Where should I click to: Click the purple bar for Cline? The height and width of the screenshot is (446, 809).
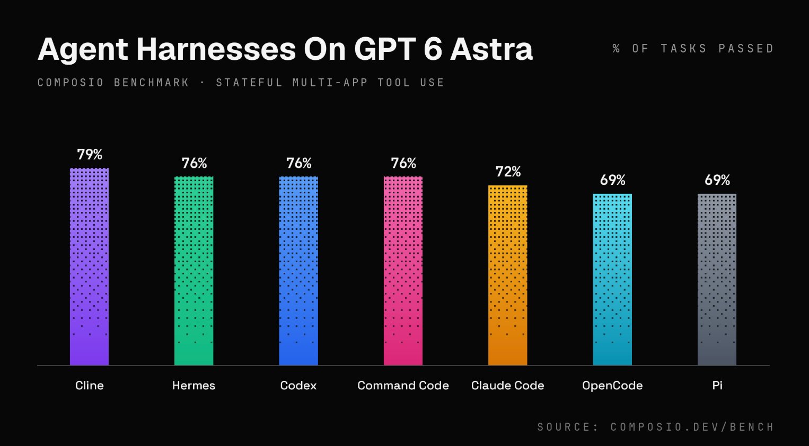tap(89, 266)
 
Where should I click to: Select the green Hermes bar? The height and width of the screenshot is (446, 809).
tap(194, 271)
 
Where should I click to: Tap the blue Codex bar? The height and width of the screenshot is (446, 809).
tap(298, 271)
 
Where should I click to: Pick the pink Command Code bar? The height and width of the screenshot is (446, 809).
tap(403, 271)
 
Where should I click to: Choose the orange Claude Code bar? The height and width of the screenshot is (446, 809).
tap(508, 275)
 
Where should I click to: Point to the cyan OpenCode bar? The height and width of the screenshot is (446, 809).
tap(612, 280)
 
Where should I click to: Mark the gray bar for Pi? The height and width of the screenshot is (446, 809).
tap(717, 280)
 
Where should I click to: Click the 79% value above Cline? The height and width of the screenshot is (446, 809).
tap(90, 155)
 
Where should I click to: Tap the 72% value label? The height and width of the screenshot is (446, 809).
tap(508, 172)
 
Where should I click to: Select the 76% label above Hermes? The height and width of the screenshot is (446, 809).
tap(195, 163)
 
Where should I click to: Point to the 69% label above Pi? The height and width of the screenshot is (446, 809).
tap(717, 180)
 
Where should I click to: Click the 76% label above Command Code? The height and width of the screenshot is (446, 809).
tap(403, 163)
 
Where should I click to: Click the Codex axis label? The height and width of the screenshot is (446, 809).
tap(298, 386)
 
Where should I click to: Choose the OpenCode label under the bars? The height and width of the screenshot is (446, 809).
tap(612, 386)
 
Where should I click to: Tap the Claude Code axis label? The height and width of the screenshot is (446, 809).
tap(508, 386)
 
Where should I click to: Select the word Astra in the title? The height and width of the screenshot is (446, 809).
tap(491, 49)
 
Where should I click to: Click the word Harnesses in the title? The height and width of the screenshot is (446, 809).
tap(216, 49)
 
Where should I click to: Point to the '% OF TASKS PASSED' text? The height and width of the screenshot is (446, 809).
tap(693, 48)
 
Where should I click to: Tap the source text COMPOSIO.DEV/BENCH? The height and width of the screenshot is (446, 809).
tap(692, 427)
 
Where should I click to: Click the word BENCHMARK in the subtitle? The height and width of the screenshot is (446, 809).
tap(152, 83)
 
